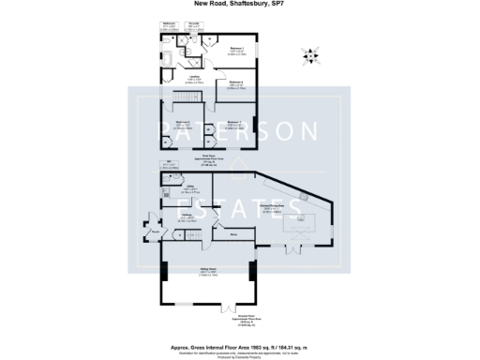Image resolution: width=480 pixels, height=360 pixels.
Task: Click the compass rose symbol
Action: tap(309, 56)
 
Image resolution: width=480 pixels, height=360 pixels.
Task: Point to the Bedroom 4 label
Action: tap(236, 82)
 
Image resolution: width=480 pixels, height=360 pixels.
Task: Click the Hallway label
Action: tap(187, 216)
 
